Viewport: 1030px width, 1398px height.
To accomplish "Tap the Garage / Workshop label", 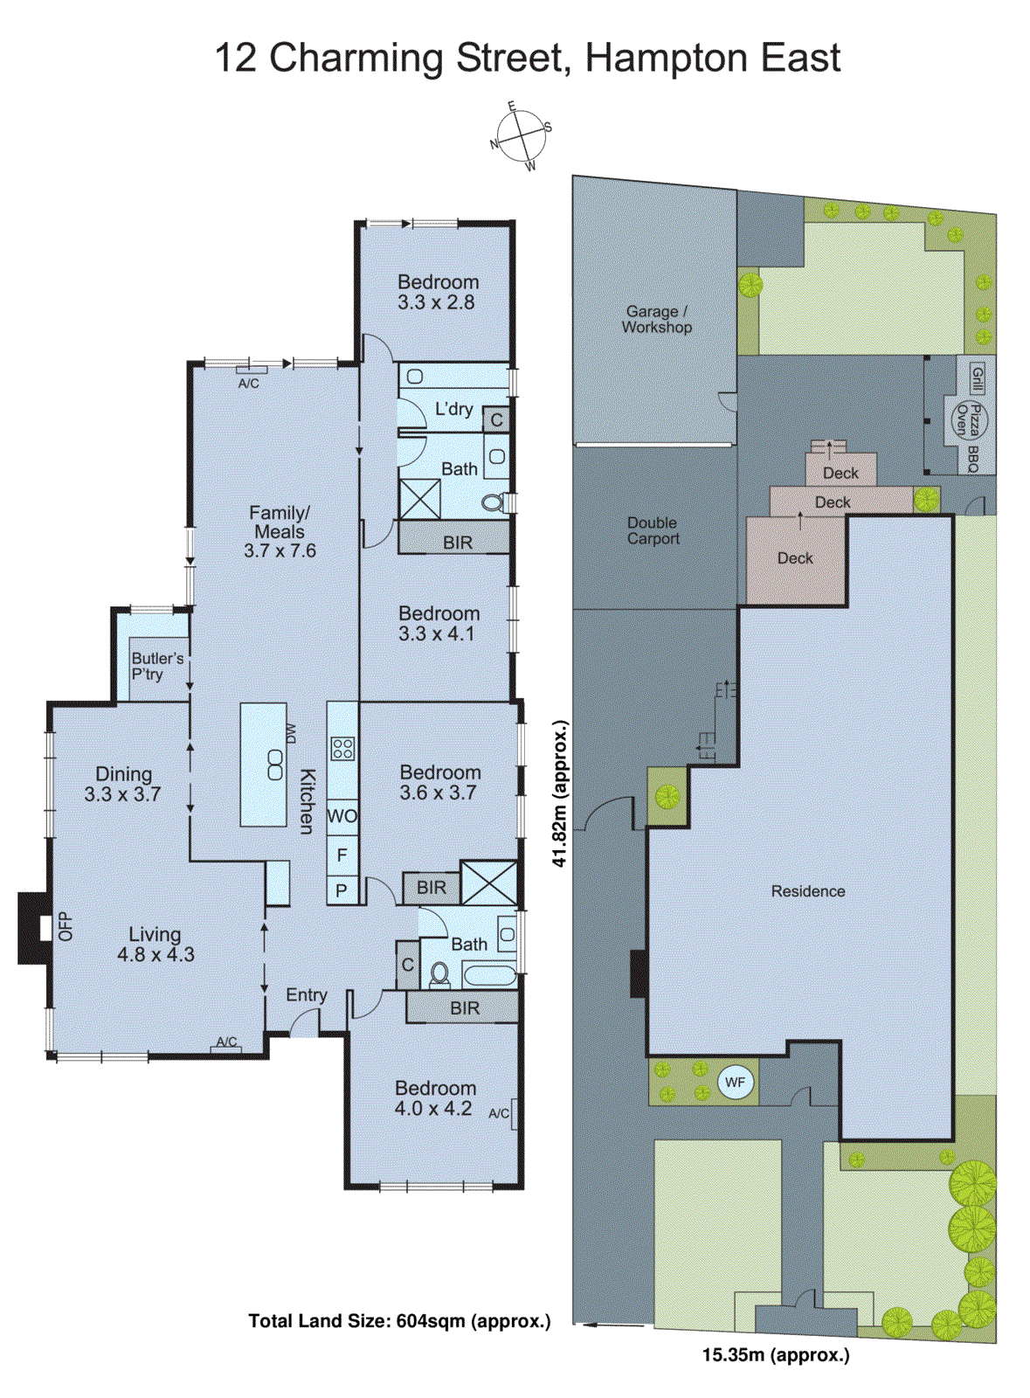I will click(656, 319).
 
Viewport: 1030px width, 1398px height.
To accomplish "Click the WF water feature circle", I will click(735, 1083).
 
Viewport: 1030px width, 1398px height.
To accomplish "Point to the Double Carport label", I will click(652, 530).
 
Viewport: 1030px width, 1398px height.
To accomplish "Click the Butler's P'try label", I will click(157, 666).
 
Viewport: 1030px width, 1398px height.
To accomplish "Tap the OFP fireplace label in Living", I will click(64, 927).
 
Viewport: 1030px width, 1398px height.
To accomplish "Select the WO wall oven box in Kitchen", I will click(342, 816).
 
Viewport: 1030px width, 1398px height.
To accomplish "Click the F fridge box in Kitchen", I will click(342, 855).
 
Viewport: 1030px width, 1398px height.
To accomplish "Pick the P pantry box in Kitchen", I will click(342, 890).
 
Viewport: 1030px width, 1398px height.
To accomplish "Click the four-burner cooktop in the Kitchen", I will click(342, 749).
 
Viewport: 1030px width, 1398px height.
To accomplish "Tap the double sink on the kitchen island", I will click(275, 765).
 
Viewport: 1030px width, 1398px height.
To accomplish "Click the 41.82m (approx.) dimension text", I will click(560, 793).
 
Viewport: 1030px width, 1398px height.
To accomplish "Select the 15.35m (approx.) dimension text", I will click(775, 1355).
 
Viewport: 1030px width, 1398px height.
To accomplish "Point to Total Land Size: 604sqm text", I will click(399, 1321).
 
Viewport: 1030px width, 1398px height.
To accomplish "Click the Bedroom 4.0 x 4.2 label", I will click(434, 1098).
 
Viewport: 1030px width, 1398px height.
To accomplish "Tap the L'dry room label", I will click(453, 409).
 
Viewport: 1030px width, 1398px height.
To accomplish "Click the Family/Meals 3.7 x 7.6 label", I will click(280, 531).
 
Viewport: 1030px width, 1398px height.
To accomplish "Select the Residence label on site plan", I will click(807, 891).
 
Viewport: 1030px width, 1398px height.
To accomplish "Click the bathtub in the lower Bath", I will click(489, 974).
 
